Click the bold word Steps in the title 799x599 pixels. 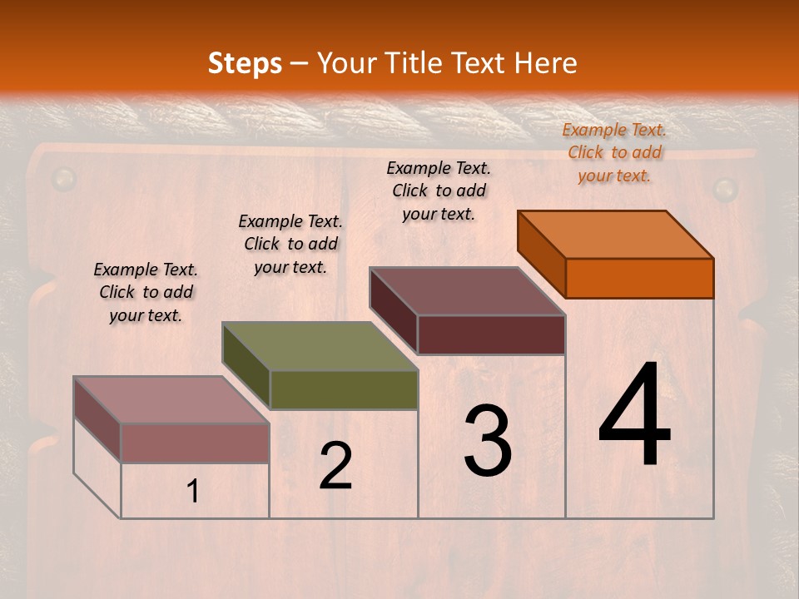pos(245,63)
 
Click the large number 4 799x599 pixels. pos(634,416)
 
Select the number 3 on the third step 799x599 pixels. pos(488,441)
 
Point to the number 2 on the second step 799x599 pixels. pos(335,466)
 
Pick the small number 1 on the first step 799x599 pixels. pos(193,492)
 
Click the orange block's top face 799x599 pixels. pos(616,234)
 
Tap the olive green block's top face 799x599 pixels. pos(320,346)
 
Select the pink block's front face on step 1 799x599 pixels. pos(195,443)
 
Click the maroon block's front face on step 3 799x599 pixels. pos(491,334)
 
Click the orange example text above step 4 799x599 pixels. pos(614,152)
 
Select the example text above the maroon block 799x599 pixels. pos(439,191)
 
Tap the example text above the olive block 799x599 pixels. pos(290,244)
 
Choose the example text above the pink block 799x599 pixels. pos(146,292)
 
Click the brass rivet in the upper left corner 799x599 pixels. pos(63,178)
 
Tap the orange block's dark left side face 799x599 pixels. pos(541,254)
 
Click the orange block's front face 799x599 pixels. pos(639,278)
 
